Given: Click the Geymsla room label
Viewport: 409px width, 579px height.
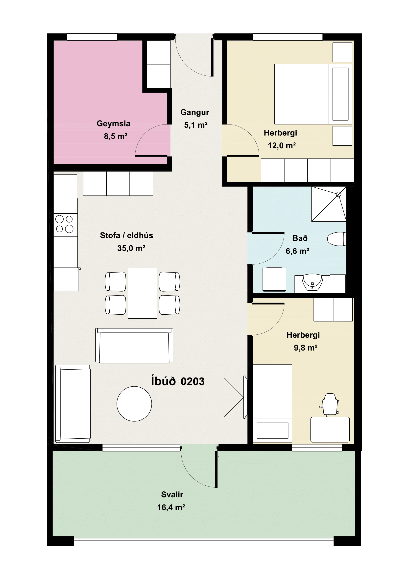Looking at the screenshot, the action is click(x=113, y=124).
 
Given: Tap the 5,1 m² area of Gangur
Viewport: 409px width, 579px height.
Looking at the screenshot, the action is click(x=196, y=125).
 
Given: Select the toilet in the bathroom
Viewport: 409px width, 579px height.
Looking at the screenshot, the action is click(x=337, y=239).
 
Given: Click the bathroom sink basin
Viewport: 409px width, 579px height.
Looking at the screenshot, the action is click(x=313, y=282).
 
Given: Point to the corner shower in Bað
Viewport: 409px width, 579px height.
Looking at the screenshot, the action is click(x=329, y=204).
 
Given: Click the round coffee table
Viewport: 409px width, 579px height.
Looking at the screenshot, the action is click(x=134, y=404).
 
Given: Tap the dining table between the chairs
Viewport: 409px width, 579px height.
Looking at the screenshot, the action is click(x=142, y=293).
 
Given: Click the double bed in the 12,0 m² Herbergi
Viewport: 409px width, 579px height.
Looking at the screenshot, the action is click(x=313, y=94).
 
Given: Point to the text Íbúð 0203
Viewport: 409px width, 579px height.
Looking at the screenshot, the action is click(x=178, y=381).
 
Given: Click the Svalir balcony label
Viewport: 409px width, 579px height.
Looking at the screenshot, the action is click(x=172, y=495).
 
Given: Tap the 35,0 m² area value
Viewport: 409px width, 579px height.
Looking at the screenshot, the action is click(x=131, y=248).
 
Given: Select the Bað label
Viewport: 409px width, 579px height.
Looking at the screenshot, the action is click(x=300, y=238).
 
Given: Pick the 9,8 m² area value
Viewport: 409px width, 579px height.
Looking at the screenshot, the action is click(x=305, y=348).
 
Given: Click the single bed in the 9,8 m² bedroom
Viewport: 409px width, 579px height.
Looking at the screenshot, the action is click(x=273, y=403).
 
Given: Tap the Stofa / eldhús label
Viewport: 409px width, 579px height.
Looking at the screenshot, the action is click(x=126, y=235).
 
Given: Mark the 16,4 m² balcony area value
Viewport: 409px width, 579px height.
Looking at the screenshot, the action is click(x=171, y=507).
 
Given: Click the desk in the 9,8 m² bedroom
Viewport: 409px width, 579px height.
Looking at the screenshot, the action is click(x=330, y=430).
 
